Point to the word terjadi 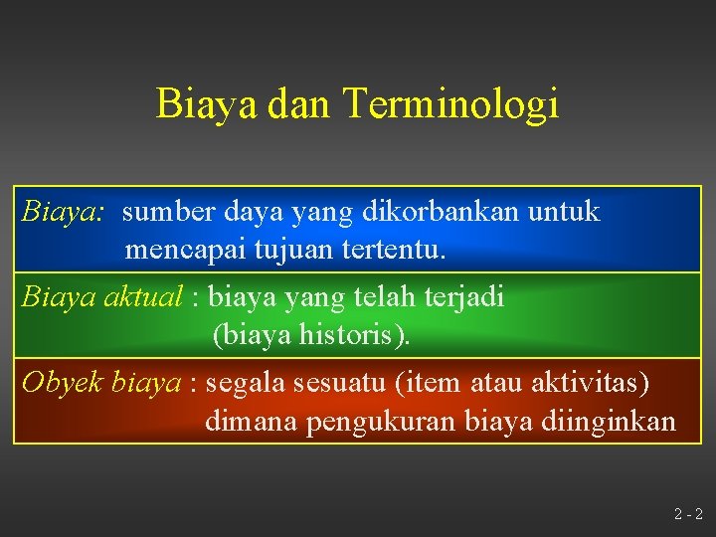tap(466, 296)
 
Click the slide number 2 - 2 tap(687, 515)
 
